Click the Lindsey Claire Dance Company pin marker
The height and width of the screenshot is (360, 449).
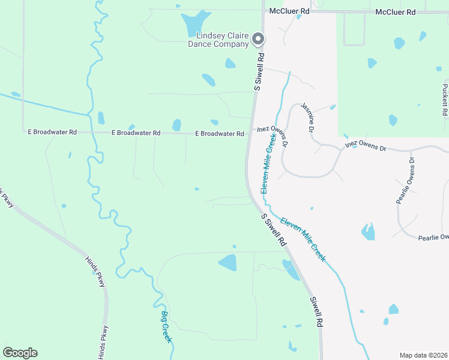click(259, 39)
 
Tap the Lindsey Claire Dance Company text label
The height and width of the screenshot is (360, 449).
click(218, 40)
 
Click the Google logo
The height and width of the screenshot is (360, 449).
click(20, 353)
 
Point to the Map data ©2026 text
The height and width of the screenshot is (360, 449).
click(423, 355)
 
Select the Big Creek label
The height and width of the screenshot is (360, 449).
click(166, 326)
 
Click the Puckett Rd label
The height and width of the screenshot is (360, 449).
click(445, 100)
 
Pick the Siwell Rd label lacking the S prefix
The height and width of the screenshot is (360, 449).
click(316, 311)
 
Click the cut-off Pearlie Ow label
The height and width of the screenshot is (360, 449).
click(433, 238)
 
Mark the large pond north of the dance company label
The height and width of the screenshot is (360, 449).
click(195, 23)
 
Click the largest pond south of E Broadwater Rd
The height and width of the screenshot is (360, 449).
click(228, 262)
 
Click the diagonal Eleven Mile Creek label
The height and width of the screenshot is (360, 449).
click(303, 239)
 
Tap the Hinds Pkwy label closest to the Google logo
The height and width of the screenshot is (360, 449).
click(105, 340)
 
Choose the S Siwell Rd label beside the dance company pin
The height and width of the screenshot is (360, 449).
click(259, 71)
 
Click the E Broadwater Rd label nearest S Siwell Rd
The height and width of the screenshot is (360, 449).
click(219, 133)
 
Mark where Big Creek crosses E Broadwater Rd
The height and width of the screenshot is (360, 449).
click(93, 131)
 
